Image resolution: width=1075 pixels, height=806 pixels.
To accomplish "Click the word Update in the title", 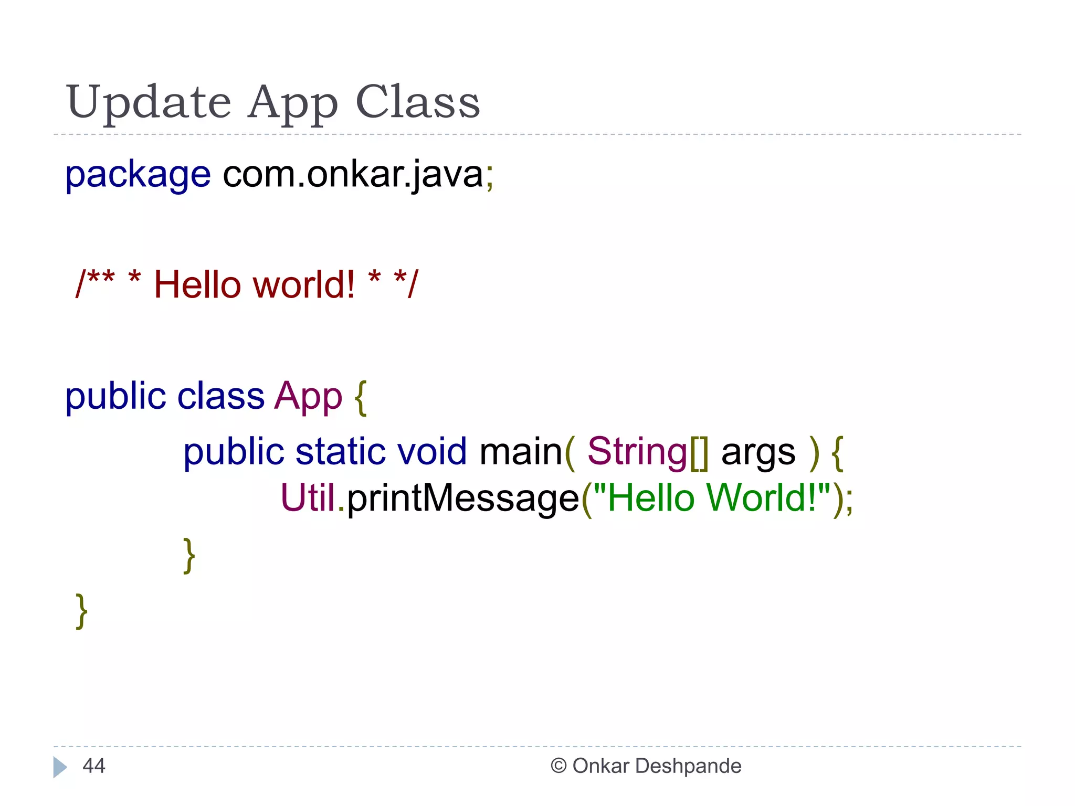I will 149,102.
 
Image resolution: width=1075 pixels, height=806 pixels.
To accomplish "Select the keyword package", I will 138,175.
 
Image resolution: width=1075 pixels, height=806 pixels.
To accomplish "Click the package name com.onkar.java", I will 353,175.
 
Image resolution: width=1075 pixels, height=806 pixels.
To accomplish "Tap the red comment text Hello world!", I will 254,285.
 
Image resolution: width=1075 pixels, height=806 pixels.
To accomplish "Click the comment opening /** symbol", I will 95,284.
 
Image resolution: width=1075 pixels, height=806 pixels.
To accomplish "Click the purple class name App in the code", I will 308,397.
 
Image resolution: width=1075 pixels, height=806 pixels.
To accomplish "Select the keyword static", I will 340,452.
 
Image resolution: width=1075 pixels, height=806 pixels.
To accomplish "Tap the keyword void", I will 431,452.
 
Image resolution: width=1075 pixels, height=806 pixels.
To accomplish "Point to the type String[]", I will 647,452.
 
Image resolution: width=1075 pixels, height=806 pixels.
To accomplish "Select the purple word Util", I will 308,497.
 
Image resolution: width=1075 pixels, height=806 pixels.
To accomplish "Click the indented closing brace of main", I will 189,555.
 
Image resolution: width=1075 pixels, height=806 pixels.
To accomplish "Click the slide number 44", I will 94,766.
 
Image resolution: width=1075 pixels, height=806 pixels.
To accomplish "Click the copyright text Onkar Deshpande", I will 656,766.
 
